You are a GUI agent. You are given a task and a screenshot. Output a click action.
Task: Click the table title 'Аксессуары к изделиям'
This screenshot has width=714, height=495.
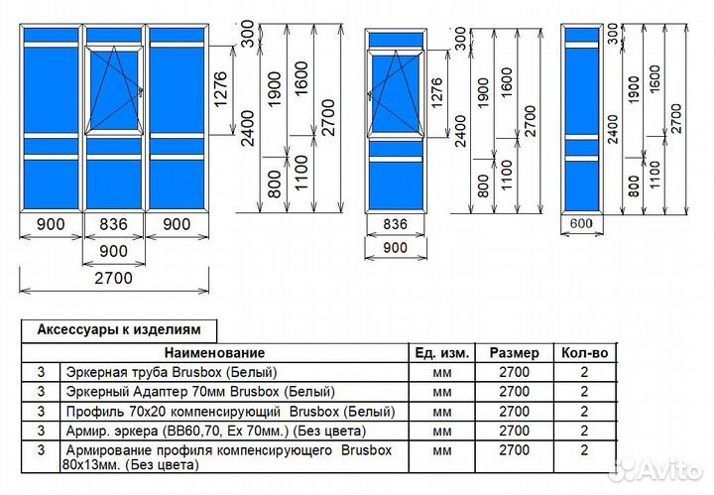[x=119, y=329]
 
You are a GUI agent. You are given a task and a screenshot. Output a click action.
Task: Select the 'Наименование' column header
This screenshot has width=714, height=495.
[x=215, y=352]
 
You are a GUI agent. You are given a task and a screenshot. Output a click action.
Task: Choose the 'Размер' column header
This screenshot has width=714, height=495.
[x=515, y=352]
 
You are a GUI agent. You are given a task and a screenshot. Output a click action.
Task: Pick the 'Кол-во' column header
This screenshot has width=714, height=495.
[x=584, y=352]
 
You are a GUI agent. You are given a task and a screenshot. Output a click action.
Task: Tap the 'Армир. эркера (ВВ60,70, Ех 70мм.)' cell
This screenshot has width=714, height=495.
[x=197, y=431]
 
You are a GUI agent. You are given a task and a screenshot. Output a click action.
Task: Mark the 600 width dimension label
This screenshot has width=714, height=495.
[x=581, y=224]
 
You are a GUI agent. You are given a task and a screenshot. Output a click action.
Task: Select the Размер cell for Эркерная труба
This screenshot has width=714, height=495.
[x=515, y=372]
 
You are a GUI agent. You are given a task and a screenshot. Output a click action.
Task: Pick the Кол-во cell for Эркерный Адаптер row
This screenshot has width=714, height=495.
[x=584, y=391]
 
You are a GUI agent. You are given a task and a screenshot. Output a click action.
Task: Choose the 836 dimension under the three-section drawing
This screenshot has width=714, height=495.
[x=115, y=225]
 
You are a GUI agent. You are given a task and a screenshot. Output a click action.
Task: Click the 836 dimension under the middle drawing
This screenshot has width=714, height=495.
[x=396, y=224]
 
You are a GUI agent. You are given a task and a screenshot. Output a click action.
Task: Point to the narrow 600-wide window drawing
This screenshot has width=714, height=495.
[x=581, y=119]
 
